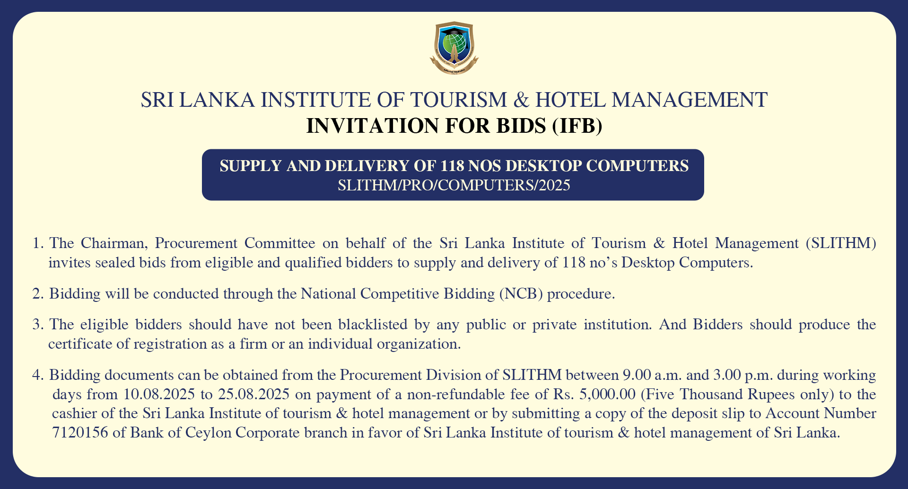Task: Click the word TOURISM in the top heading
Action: tap(459, 100)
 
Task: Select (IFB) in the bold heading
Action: tap(577, 126)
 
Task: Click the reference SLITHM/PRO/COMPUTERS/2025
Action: tap(454, 185)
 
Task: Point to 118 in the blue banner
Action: tap(452, 166)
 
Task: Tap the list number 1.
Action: tap(37, 243)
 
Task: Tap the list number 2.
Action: tap(37, 294)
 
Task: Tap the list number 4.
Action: tap(37, 375)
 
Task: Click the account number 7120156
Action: tap(80, 432)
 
